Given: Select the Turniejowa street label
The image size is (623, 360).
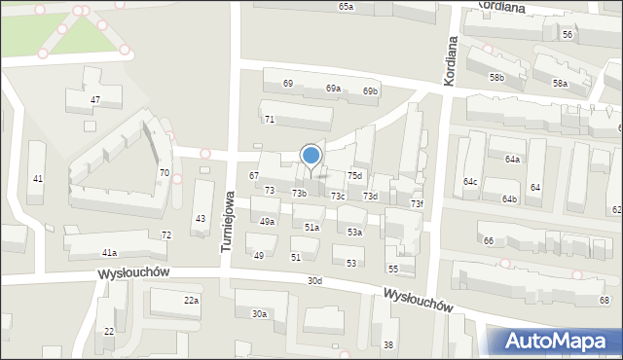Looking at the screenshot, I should click(x=226, y=222).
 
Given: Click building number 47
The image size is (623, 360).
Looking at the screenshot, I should click(x=95, y=100).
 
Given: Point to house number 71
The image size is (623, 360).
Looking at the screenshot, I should click(x=270, y=119).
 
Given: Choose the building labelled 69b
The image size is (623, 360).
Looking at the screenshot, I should click(x=370, y=91).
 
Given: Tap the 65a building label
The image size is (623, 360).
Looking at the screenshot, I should click(x=347, y=7).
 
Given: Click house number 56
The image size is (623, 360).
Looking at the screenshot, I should click(x=567, y=34).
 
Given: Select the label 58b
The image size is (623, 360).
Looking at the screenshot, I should click(x=497, y=77).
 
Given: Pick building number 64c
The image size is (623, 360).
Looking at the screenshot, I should click(x=470, y=182).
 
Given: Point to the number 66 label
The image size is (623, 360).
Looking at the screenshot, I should click(x=488, y=240).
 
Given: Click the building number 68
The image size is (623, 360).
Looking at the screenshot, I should click(x=605, y=301).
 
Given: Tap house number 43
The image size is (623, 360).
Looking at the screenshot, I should click(x=200, y=218).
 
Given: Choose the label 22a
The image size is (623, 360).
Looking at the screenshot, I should click(x=192, y=301).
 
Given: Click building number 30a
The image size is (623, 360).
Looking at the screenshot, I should click(x=259, y=314).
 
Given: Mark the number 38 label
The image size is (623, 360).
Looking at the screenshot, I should click(x=388, y=345).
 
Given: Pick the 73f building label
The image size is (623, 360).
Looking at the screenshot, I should click(x=417, y=204).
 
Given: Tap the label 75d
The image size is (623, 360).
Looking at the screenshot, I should click(x=355, y=176).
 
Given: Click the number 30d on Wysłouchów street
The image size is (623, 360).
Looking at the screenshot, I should click(x=314, y=281).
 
